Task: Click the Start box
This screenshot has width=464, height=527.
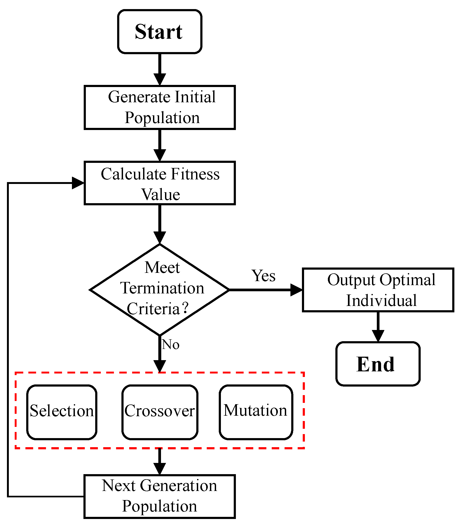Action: tap(160, 32)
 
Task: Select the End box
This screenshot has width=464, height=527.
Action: tap(378, 364)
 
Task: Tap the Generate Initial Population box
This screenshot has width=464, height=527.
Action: tap(160, 107)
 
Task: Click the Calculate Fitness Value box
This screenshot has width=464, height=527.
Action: tap(160, 183)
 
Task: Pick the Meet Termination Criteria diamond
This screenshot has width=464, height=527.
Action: tap(160, 290)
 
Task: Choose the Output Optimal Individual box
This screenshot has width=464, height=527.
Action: tap(378, 290)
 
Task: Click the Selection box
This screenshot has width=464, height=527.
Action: tap(62, 412)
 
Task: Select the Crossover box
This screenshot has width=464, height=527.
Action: tap(160, 412)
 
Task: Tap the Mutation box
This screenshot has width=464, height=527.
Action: tap(256, 412)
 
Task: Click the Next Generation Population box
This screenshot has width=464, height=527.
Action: tap(160, 497)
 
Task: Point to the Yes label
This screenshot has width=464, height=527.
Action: tap(263, 276)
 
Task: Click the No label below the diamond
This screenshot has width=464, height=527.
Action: tap(171, 344)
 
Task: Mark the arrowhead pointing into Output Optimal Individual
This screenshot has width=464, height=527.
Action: tap(296, 290)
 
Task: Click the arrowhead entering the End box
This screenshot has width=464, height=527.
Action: tap(378, 336)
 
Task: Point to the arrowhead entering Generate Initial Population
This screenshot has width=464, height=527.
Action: tap(160, 80)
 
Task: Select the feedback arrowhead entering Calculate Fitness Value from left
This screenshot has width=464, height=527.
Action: tap(78, 183)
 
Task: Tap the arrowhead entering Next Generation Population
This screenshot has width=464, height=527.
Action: tap(160, 469)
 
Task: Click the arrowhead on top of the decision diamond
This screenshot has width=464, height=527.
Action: tap(160, 238)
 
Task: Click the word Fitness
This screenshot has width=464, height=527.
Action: tap(195, 174)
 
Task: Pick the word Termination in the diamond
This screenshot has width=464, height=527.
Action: tap(162, 288)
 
